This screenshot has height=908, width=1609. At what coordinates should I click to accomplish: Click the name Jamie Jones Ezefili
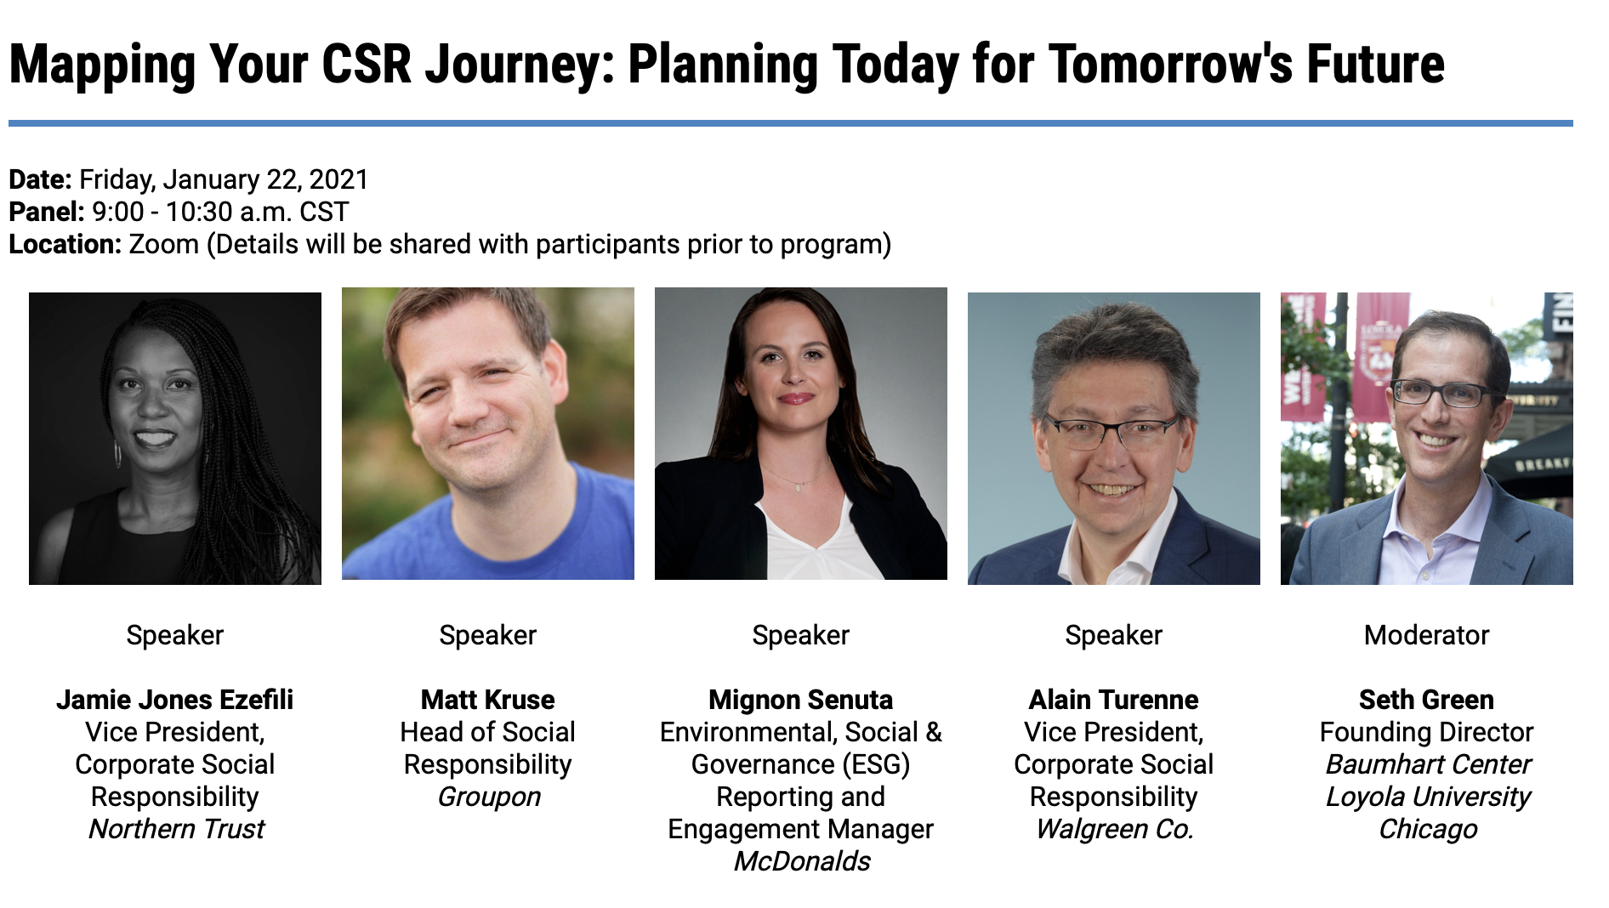(174, 700)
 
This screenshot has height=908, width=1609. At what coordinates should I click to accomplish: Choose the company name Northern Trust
(176, 829)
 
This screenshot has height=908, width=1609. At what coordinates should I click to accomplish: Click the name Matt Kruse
(487, 700)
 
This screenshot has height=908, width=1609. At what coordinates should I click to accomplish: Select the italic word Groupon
(489, 797)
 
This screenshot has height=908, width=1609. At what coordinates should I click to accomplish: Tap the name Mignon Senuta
(800, 700)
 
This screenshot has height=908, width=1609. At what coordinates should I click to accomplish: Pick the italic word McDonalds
(802, 861)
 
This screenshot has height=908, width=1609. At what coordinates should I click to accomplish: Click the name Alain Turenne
(1113, 700)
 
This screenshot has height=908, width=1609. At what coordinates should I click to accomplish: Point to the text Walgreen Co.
(1114, 829)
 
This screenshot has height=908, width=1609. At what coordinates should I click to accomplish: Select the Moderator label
(1426, 635)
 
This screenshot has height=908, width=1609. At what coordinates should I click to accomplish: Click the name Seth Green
(1426, 700)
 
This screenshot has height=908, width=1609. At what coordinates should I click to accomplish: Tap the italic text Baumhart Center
(1428, 764)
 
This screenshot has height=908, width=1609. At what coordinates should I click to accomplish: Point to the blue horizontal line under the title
(790, 123)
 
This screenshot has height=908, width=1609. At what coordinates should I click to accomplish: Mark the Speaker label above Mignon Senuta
(800, 635)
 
